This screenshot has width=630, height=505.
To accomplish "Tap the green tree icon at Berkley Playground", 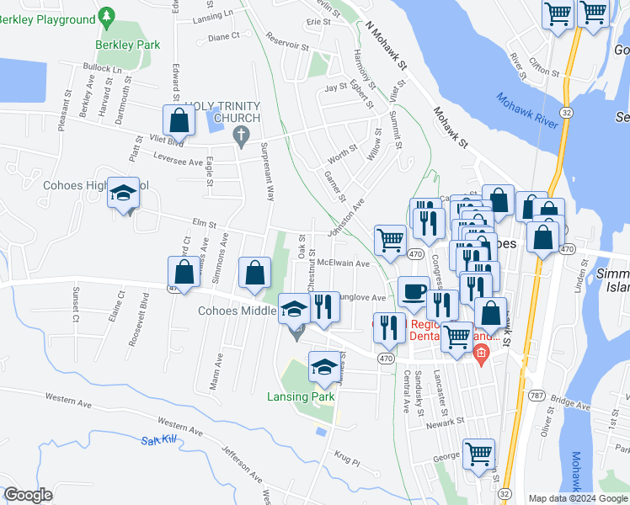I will pyautogui.click(x=106, y=16).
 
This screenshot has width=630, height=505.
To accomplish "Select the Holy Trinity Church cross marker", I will pyautogui.click(x=243, y=136).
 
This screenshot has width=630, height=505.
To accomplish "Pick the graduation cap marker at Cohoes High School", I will pyautogui.click(x=123, y=194).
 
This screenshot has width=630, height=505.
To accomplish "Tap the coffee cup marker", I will pyautogui.click(x=412, y=290).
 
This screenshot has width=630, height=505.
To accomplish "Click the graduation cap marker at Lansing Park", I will pyautogui.click(x=323, y=366).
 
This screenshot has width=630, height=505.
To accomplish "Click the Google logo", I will pyautogui.click(x=29, y=495).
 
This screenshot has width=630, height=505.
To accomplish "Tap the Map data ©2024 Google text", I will pyautogui.click(x=577, y=498).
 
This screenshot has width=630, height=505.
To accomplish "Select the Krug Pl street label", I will pyautogui.click(x=346, y=461).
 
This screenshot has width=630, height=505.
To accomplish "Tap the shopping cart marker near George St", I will pyautogui.click(x=478, y=453).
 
